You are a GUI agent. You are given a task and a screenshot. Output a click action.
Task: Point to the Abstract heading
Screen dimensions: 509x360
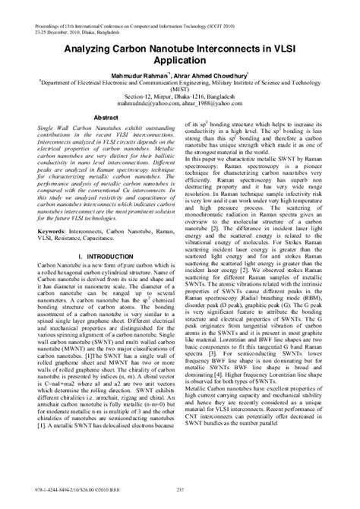[106, 119]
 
